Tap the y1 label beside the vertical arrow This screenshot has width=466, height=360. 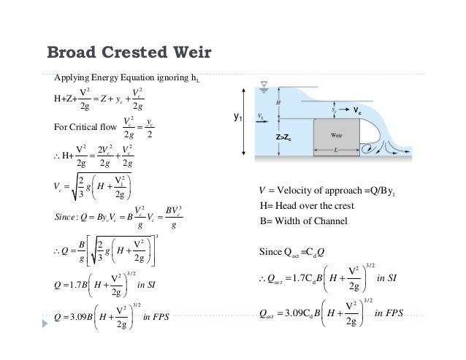pyautogui.click(x=237, y=116)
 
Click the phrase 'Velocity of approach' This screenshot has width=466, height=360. pyautogui.click(x=321, y=192)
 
